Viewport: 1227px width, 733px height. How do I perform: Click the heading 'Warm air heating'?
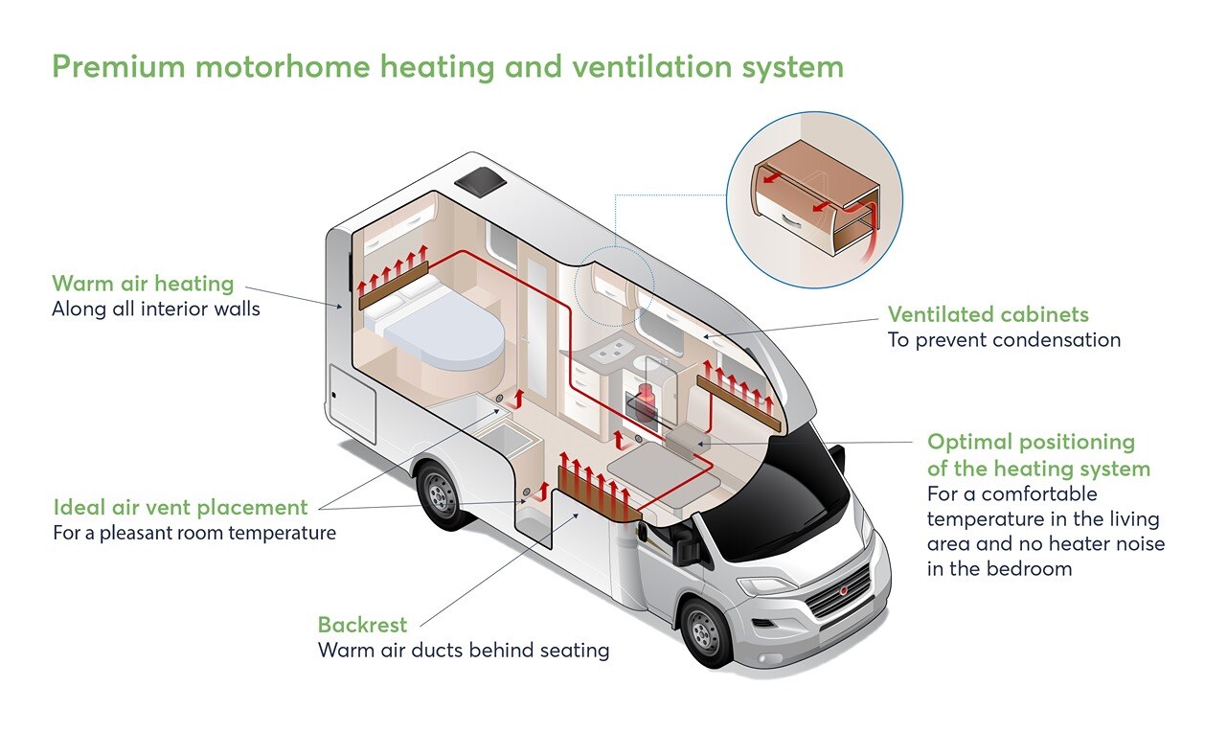point(143,284)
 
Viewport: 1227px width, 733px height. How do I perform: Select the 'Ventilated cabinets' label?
point(988,314)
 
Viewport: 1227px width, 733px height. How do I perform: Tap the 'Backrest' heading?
point(362,625)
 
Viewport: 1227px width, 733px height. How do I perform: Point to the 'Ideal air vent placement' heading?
point(180,507)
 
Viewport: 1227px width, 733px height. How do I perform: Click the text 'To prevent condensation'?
point(1004,340)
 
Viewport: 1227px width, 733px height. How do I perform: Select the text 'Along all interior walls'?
point(155,309)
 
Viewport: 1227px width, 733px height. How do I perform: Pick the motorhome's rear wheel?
point(443,493)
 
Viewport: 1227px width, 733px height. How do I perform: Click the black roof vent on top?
point(484,178)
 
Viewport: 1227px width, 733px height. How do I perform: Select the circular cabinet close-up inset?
point(815,201)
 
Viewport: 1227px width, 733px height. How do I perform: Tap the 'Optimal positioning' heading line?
point(1030,442)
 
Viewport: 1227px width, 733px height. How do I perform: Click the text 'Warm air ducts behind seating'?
point(464,651)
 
